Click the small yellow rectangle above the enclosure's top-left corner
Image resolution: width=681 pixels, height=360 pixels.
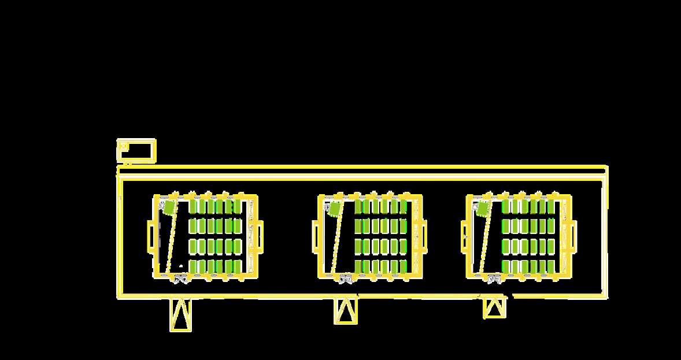[x=136, y=151]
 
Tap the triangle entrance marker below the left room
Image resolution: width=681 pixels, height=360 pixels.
[x=180, y=314]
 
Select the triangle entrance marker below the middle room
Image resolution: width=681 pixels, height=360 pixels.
[x=345, y=311]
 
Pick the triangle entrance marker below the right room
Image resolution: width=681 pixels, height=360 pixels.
[x=494, y=307]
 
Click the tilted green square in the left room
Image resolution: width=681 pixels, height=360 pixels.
[x=169, y=207]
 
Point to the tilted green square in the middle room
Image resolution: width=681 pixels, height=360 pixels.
[x=334, y=207]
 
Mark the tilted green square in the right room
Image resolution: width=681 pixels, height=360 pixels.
[x=483, y=208]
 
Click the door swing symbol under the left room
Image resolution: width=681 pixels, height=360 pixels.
[x=180, y=279]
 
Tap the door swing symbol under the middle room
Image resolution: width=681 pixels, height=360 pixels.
[x=346, y=279]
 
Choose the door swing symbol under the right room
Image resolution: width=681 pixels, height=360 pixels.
[x=494, y=279]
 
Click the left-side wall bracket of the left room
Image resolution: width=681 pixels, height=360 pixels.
[x=151, y=236]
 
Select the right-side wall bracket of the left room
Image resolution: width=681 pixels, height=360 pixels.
[x=259, y=236]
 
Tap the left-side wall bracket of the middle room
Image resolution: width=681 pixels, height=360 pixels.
[x=316, y=236]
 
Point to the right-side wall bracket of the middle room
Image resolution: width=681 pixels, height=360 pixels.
[x=424, y=236]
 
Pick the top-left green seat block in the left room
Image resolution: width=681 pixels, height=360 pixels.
[x=194, y=206]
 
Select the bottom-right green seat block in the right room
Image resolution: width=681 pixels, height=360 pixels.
[x=551, y=266]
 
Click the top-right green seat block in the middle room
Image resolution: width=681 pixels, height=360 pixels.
[x=402, y=206]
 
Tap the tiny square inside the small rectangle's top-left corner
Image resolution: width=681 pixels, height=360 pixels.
[x=123, y=146]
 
